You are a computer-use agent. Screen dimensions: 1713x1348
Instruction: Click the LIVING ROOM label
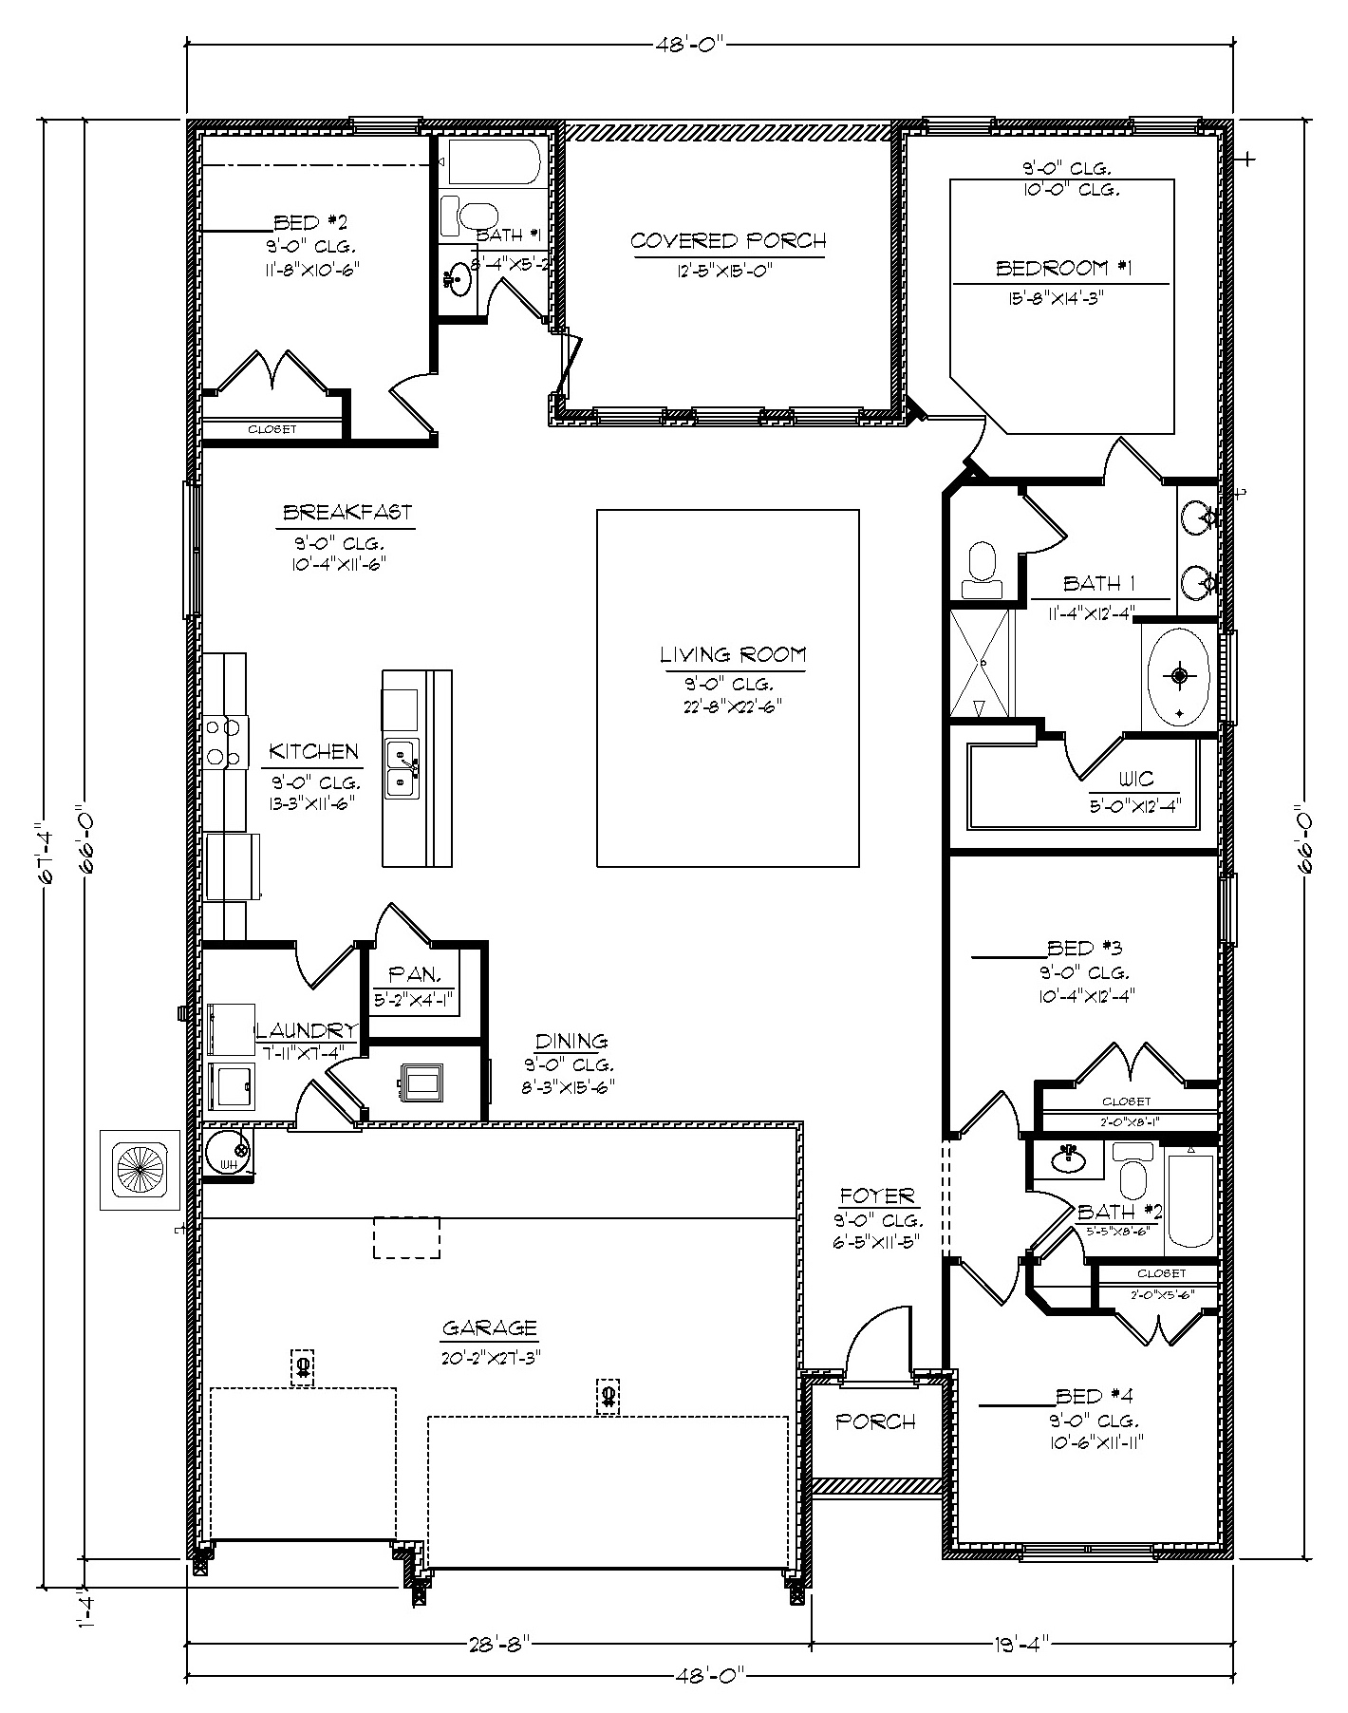732,654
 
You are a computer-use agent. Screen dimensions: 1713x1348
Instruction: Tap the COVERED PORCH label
727,241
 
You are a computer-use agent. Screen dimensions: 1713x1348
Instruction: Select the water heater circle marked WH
229,1152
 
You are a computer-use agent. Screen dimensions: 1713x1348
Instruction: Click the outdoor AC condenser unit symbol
140,1169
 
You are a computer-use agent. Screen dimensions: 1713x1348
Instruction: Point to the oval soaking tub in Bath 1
1178,676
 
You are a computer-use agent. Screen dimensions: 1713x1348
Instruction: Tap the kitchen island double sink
402,768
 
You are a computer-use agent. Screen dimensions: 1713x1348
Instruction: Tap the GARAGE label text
489,1327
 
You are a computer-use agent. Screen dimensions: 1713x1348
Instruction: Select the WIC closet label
1135,780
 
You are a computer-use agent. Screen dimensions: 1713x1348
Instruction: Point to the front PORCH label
875,1421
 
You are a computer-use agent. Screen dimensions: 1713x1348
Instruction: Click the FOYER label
875,1196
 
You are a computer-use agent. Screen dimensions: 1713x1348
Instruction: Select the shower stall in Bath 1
981,663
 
